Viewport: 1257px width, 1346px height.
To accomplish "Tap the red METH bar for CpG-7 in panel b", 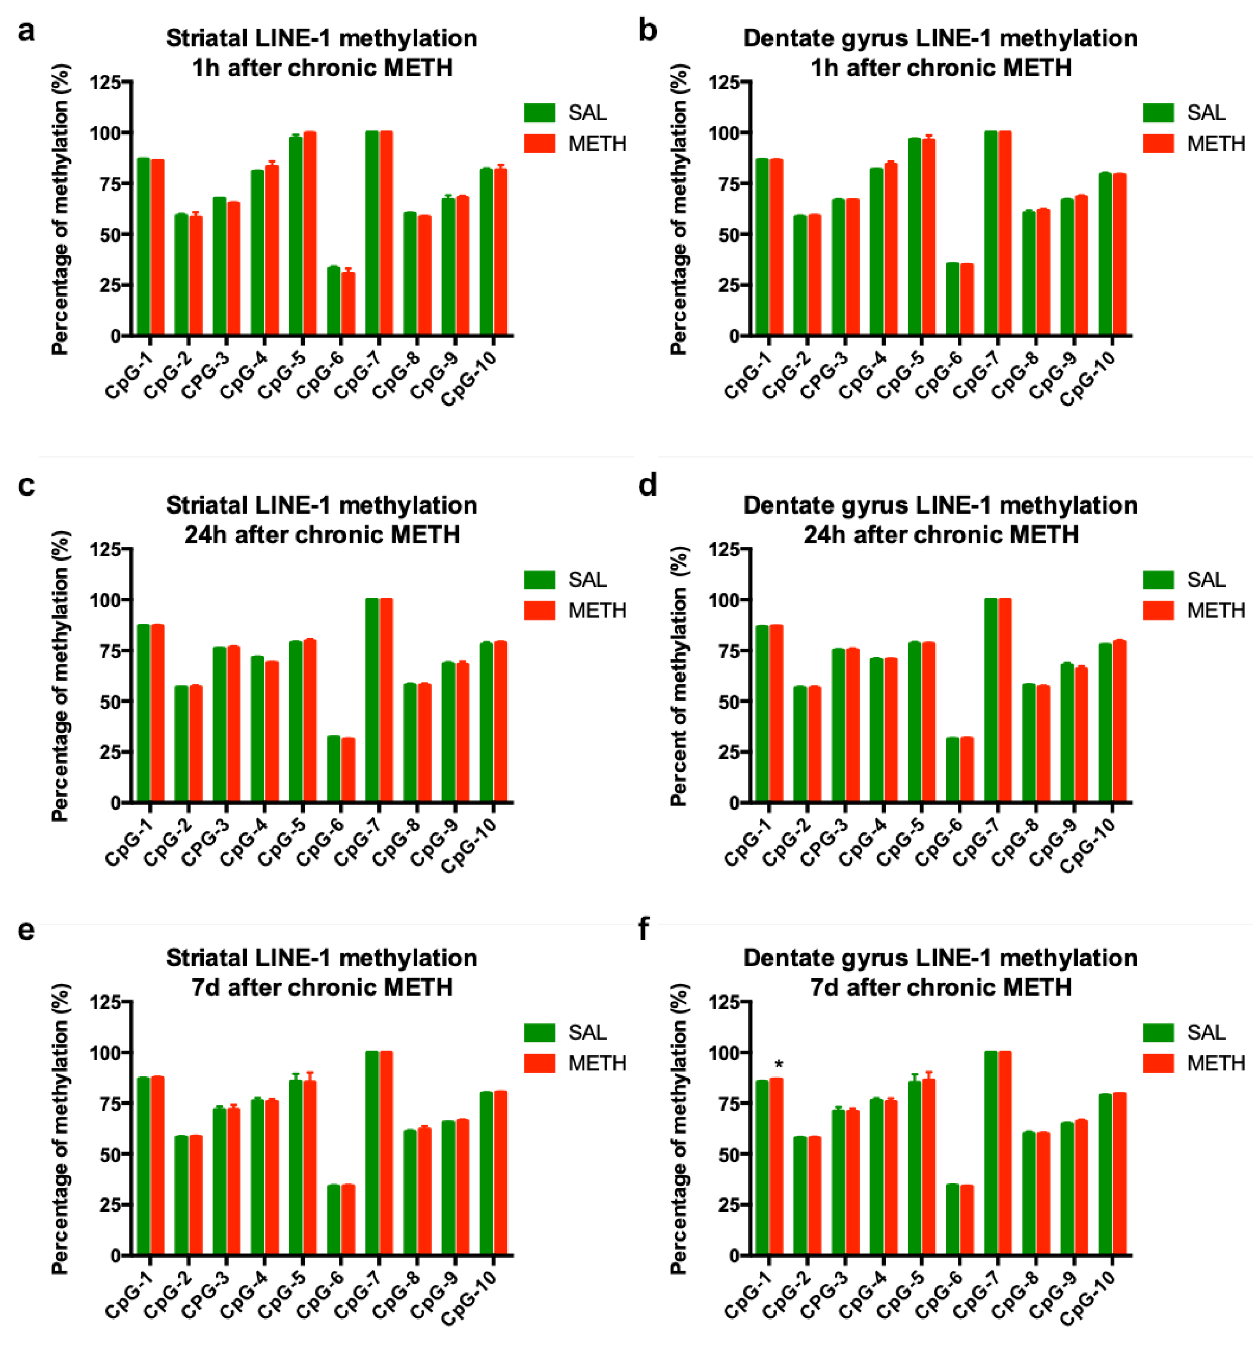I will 1004,233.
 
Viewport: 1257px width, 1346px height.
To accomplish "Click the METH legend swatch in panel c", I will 539,611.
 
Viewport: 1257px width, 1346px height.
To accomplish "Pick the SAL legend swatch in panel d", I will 1158,580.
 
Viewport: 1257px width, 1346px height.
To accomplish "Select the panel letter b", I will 648,31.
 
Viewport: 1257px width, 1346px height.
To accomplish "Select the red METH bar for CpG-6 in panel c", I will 347,770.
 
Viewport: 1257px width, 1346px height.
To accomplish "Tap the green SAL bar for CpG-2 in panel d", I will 800,745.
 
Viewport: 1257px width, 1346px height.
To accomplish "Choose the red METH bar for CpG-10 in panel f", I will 1119,1174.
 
